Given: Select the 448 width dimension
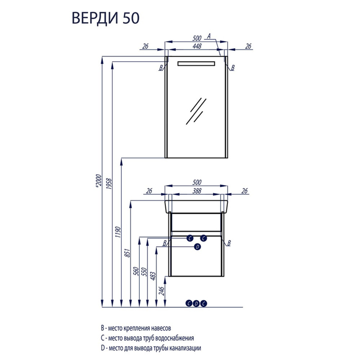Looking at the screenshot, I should [x=197, y=46].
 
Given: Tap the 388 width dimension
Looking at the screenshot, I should [x=197, y=191].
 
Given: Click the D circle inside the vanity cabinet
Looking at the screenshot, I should [x=197, y=247].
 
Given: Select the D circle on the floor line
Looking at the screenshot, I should [x=196, y=303].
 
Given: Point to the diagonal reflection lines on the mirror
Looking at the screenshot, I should [x=196, y=111].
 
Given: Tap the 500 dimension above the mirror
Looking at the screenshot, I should [x=197, y=38].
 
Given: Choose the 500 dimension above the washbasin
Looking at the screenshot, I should [x=197, y=182].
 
